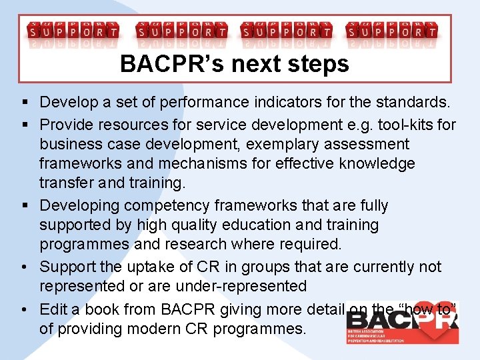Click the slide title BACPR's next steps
[235, 64]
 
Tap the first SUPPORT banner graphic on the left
[73, 31]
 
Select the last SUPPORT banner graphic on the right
[393, 31]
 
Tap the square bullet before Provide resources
[25, 124]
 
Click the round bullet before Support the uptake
[25, 267]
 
